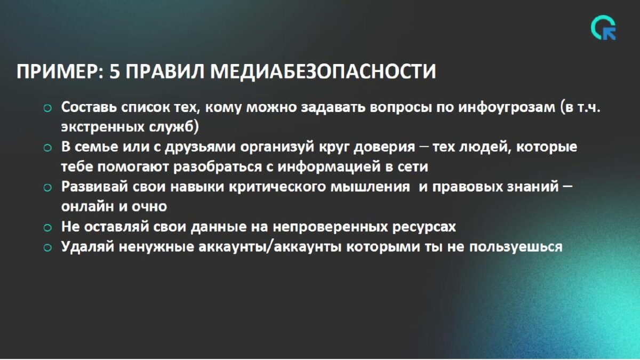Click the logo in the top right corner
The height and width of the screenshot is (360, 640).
[x=604, y=28]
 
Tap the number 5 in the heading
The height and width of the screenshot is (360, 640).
[x=114, y=71]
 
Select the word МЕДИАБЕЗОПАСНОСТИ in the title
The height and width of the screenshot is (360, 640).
[x=323, y=71]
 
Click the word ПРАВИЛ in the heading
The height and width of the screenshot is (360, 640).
[x=165, y=71]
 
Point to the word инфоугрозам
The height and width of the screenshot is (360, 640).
[x=507, y=108]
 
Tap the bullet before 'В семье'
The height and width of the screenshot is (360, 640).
[x=47, y=148]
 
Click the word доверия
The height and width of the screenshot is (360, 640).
[x=385, y=147]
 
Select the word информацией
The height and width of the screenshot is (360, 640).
[x=329, y=167]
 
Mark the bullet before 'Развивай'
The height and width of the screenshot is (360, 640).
[x=47, y=187]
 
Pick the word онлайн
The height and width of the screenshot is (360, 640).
[x=87, y=206]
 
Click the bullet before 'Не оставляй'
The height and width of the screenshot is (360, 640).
[x=47, y=228]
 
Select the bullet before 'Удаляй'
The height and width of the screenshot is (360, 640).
[x=47, y=247]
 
